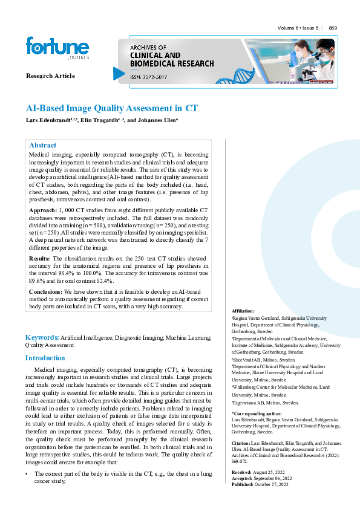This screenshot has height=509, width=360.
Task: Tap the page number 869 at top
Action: click(x=333, y=28)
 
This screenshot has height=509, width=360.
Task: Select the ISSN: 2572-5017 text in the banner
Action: click(x=151, y=76)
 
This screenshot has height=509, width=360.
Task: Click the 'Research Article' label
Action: click(x=51, y=76)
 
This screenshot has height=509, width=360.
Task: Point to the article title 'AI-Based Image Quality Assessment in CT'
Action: click(x=112, y=109)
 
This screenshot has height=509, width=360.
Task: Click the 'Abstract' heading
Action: click(x=43, y=145)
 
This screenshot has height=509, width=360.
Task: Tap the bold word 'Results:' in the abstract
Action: click(x=40, y=258)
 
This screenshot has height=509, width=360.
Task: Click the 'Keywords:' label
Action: click(x=41, y=337)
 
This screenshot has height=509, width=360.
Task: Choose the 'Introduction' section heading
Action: click(x=45, y=358)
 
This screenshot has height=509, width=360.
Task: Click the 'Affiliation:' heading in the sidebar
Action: click(x=243, y=311)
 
